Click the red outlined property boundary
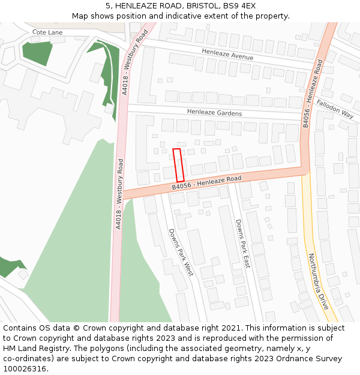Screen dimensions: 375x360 click(178, 165)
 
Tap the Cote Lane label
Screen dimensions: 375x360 click(47, 32)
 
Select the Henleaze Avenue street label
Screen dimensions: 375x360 click(227, 55)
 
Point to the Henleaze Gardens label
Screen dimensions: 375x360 click(214, 112)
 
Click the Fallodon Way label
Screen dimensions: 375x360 click(335, 109)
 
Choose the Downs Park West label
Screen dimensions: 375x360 click(181, 252)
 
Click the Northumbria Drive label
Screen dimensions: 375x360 click(319, 281)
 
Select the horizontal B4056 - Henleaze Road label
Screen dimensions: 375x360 click(206, 183)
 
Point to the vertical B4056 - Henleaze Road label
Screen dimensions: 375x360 click(312, 93)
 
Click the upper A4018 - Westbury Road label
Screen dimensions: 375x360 click(134, 62)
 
